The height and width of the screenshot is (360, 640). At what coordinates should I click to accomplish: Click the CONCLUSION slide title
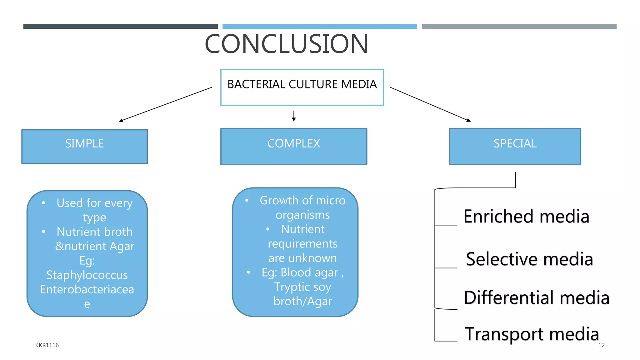tap(286, 44)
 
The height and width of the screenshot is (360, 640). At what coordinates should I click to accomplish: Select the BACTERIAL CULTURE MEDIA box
tap(302, 87)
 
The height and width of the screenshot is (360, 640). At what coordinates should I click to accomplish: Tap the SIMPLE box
tap(84, 146)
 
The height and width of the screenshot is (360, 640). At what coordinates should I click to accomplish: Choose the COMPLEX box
tap(293, 146)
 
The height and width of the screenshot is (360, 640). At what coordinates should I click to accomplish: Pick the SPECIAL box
tap(515, 146)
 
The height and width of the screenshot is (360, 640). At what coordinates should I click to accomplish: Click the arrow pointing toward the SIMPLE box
tap(166, 104)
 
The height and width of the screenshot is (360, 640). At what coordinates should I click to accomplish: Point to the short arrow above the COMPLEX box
tap(294, 116)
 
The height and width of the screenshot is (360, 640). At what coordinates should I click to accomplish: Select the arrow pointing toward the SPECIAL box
tap(430, 104)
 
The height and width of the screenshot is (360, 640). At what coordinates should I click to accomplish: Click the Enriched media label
tap(526, 217)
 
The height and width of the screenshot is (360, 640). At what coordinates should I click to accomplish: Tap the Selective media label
tap(529, 259)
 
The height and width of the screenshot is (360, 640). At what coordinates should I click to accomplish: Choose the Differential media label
tap(537, 297)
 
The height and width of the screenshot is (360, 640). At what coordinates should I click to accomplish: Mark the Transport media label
tap(532, 334)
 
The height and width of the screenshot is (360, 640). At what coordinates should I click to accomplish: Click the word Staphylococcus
tap(87, 275)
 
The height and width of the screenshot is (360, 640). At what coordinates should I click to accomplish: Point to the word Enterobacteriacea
tap(87, 289)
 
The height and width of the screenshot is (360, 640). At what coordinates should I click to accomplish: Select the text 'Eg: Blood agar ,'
tap(302, 272)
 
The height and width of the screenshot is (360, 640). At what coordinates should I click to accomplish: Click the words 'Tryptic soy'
tap(302, 287)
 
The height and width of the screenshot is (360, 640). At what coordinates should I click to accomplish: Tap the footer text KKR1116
tap(47, 345)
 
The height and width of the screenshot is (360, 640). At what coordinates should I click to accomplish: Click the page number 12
tap(601, 345)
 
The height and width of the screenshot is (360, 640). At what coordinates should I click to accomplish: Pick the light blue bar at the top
tap(319, 27)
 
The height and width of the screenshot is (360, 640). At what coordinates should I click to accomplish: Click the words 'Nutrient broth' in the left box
tap(94, 232)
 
